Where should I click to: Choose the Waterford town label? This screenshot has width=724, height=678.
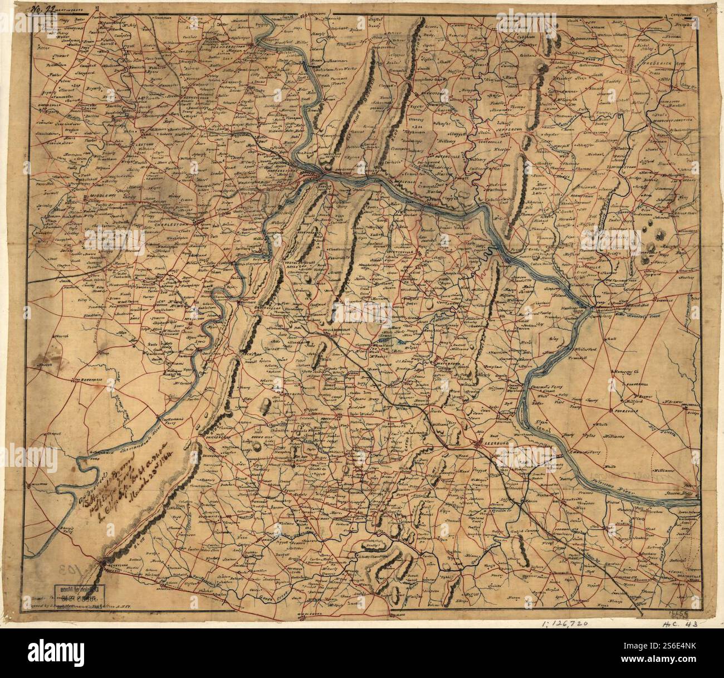(x=444, y=360)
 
